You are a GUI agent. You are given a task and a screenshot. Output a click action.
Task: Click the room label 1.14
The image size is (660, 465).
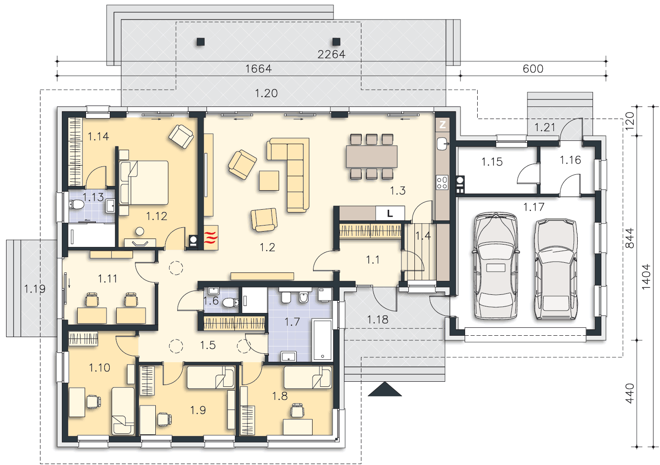tap(99, 136)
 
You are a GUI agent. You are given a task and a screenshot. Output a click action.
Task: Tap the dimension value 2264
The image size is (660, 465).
tap(331, 54)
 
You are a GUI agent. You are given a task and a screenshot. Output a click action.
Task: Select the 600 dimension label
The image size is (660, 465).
tap(533, 69)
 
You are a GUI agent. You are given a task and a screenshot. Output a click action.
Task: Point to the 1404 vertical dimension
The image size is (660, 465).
tap(646, 277)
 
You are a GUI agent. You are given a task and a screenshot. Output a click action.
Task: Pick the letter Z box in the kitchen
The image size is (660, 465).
tap(442, 125)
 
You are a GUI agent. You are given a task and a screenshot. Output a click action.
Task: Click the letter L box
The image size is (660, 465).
tap(390, 213)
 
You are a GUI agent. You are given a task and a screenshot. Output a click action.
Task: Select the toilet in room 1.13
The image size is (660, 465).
tap(76, 204)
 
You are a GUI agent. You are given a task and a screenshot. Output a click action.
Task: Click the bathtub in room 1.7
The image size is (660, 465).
tap(322, 339)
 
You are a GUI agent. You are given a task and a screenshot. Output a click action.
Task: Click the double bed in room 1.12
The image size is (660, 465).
tap(144, 183)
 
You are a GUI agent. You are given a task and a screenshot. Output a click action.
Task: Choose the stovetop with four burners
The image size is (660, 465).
tap(442, 182)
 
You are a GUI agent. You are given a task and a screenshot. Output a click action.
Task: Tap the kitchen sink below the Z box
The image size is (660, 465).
tap(442, 144)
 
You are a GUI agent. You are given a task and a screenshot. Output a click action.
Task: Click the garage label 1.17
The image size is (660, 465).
tap(533, 207)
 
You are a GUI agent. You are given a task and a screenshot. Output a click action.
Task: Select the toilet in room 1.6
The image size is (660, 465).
tap(230, 302)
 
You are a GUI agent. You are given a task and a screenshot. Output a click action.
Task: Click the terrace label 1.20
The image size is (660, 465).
tap(266, 93)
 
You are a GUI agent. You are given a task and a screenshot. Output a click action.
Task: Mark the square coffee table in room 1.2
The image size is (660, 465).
tap(269, 180)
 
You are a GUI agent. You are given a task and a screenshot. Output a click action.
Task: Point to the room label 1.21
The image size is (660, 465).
tap(545, 127)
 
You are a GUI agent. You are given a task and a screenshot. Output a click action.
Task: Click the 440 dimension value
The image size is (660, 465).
tap(629, 393)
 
